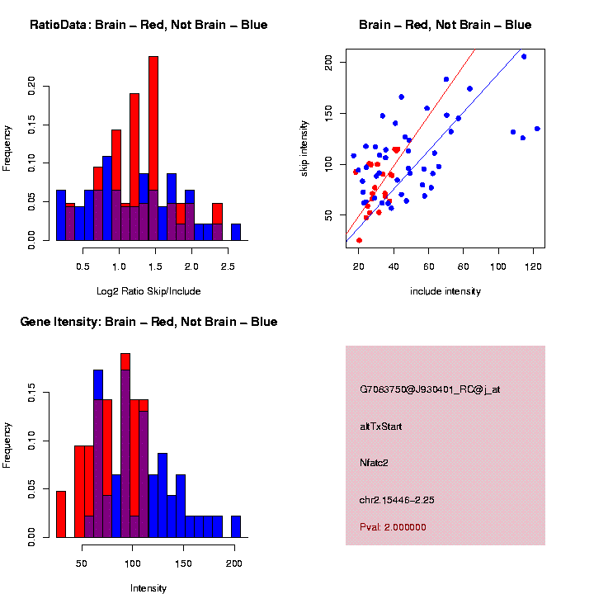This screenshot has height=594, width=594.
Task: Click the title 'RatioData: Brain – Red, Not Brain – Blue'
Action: click(148, 25)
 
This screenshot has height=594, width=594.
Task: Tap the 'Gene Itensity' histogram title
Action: click(148, 322)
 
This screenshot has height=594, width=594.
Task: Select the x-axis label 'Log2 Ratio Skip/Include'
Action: click(148, 291)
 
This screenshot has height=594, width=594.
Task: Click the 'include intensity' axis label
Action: click(445, 291)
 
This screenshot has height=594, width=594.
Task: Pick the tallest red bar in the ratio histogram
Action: click(153, 148)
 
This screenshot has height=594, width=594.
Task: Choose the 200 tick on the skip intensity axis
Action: click(329, 61)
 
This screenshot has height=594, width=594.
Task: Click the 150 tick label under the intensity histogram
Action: click(184, 563)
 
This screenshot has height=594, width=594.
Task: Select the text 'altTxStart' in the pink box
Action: click(381, 427)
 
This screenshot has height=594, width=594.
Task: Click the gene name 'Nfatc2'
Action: click(374, 463)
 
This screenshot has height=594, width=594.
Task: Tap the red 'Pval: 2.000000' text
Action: click(393, 527)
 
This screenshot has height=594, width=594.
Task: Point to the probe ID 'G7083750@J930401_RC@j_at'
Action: click(430, 389)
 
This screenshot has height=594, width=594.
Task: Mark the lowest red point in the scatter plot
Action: click(359, 240)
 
